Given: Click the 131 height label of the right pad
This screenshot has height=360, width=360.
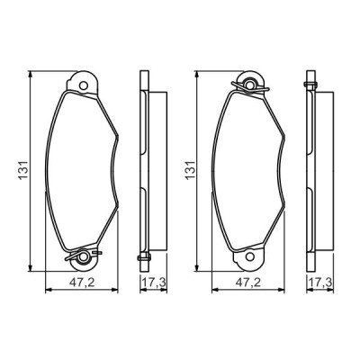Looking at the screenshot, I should (187, 167).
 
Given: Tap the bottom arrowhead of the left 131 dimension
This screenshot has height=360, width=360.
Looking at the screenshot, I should (32, 268).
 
